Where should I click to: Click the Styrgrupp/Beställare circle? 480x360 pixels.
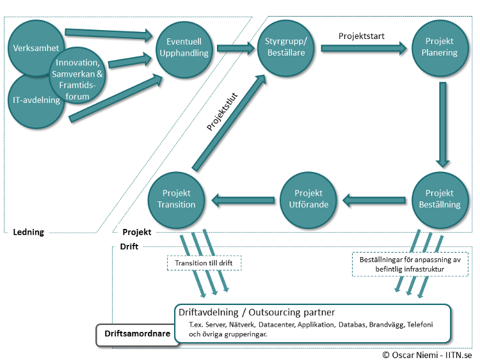point(286,48)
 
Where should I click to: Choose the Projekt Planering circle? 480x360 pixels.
point(439,47)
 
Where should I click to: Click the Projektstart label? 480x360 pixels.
point(361,36)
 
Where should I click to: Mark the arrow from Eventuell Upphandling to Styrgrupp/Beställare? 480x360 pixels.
point(236,48)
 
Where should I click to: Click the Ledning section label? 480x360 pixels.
point(29,231)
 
